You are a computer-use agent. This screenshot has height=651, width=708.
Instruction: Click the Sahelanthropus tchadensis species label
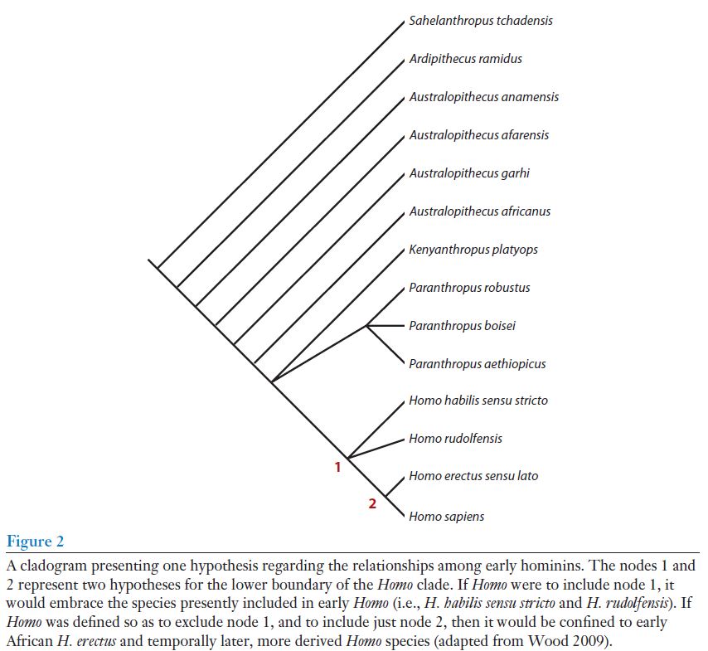pyautogui.click(x=481, y=20)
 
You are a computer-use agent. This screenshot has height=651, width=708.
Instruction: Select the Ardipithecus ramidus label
pyautogui.click(x=465, y=59)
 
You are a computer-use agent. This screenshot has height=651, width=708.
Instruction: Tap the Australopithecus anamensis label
pyautogui.click(x=483, y=97)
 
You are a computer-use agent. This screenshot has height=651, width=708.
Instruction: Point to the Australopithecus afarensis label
pyautogui.click(x=478, y=135)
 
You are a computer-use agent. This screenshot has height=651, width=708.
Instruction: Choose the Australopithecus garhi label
pyautogui.click(x=468, y=173)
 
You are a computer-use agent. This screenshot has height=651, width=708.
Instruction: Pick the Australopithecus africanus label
pyautogui.click(x=479, y=211)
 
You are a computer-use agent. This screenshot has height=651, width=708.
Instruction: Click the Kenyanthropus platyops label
pyautogui.click(x=473, y=250)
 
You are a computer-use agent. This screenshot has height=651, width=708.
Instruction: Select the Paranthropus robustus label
pyautogui.click(x=469, y=288)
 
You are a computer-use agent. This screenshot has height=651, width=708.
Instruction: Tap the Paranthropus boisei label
pyautogui.click(x=462, y=326)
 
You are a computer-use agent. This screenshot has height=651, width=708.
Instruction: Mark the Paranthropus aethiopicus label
pyautogui.click(x=477, y=364)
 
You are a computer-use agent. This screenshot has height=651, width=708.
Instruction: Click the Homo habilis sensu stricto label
pyautogui.click(x=478, y=401)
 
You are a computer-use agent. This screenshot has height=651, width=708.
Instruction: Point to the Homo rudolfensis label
pyautogui.click(x=455, y=439)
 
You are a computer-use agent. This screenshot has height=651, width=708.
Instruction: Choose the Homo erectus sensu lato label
pyautogui.click(x=473, y=477)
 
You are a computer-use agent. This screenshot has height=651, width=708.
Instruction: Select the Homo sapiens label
pyautogui.click(x=446, y=517)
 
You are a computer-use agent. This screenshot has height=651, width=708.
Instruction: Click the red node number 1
pyautogui.click(x=337, y=467)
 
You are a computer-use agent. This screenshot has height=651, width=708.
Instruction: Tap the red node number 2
pyautogui.click(x=372, y=503)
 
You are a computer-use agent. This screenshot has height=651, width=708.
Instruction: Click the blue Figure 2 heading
pyautogui.click(x=36, y=542)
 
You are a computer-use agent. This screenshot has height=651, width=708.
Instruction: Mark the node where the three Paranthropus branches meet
pyautogui.click(x=367, y=326)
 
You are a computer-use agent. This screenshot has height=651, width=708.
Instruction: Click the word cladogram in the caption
pyautogui.click(x=52, y=566)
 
